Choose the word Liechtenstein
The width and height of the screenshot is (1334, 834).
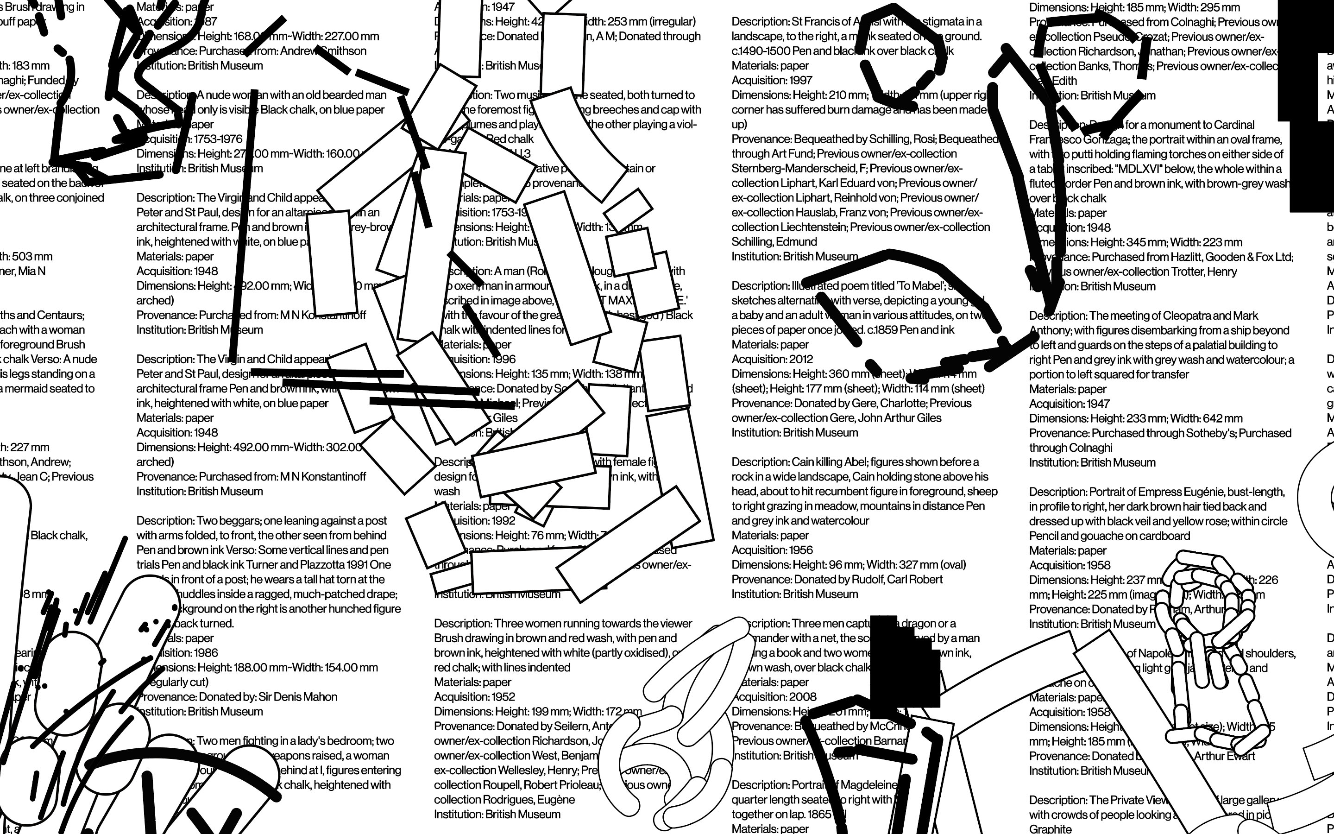pyautogui.click(x=807, y=227)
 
